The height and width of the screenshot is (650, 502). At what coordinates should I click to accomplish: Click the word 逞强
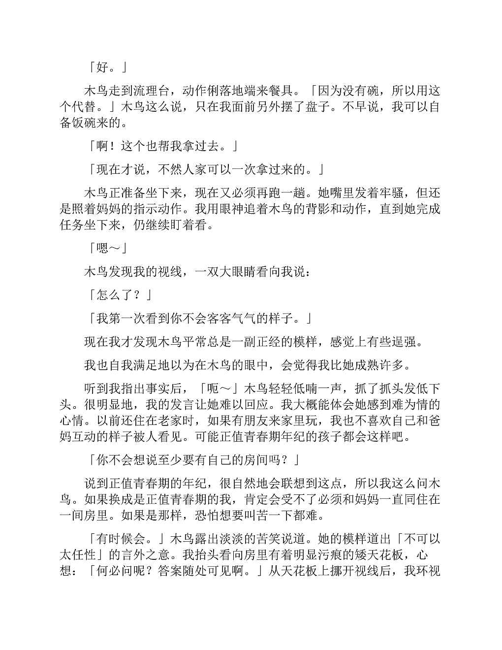409,342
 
